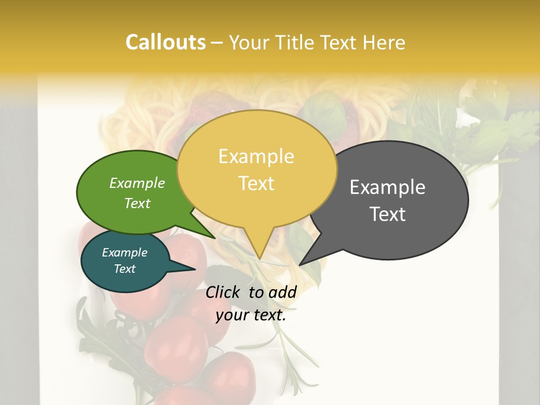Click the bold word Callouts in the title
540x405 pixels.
click(165, 42)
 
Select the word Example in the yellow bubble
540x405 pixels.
click(256, 156)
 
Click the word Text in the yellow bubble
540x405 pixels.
click(256, 183)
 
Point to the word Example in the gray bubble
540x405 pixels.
click(388, 187)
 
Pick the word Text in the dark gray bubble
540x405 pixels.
click(388, 214)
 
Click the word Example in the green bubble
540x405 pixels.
click(137, 183)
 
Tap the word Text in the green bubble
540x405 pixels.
click(137, 203)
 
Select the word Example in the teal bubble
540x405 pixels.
click(124, 253)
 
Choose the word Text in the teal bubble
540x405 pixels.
click(124, 269)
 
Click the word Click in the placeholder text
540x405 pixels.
click(224, 292)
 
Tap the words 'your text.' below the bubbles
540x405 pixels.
click(251, 315)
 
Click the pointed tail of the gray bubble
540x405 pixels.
click(300, 264)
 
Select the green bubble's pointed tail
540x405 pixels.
click(214, 237)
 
